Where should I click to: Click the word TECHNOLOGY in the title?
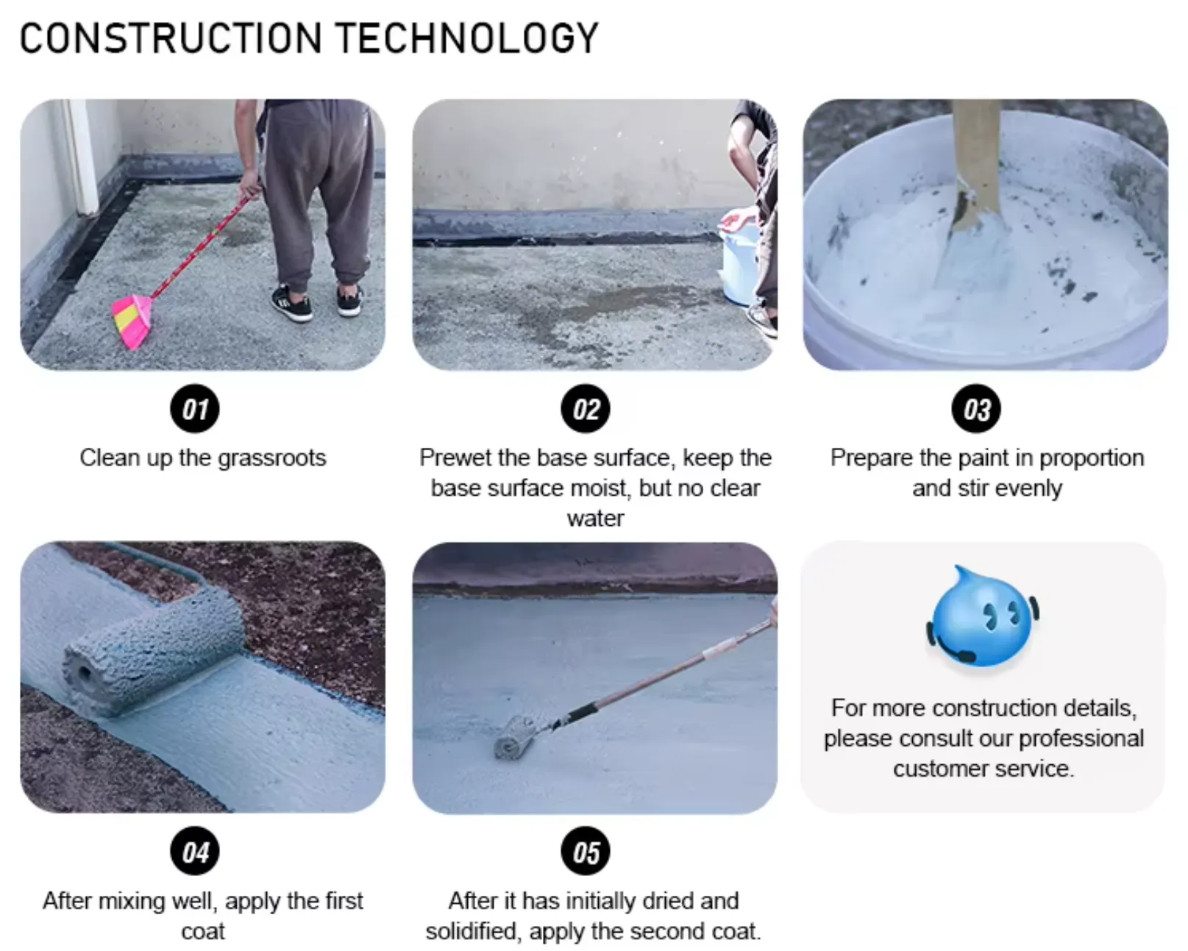coord(467,38)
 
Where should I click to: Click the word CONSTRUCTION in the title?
coord(171,38)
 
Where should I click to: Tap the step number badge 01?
coord(195,409)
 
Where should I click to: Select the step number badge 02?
coord(586,409)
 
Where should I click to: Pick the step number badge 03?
coord(977,409)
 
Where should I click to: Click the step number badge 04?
coord(195,852)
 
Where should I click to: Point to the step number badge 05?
coord(586,852)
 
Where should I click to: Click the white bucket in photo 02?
coord(739,261)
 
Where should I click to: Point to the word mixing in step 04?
coord(132,901)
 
